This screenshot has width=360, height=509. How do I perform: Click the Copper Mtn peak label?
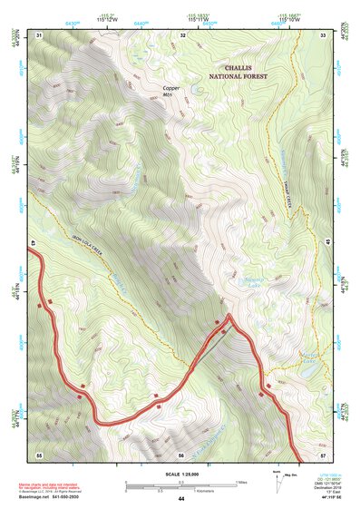172,90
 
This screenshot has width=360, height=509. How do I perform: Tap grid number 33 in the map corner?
323,34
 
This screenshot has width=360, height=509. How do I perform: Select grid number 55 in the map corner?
39,454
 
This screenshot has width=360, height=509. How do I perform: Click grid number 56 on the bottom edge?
181,454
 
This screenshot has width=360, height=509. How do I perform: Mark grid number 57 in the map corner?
323,454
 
